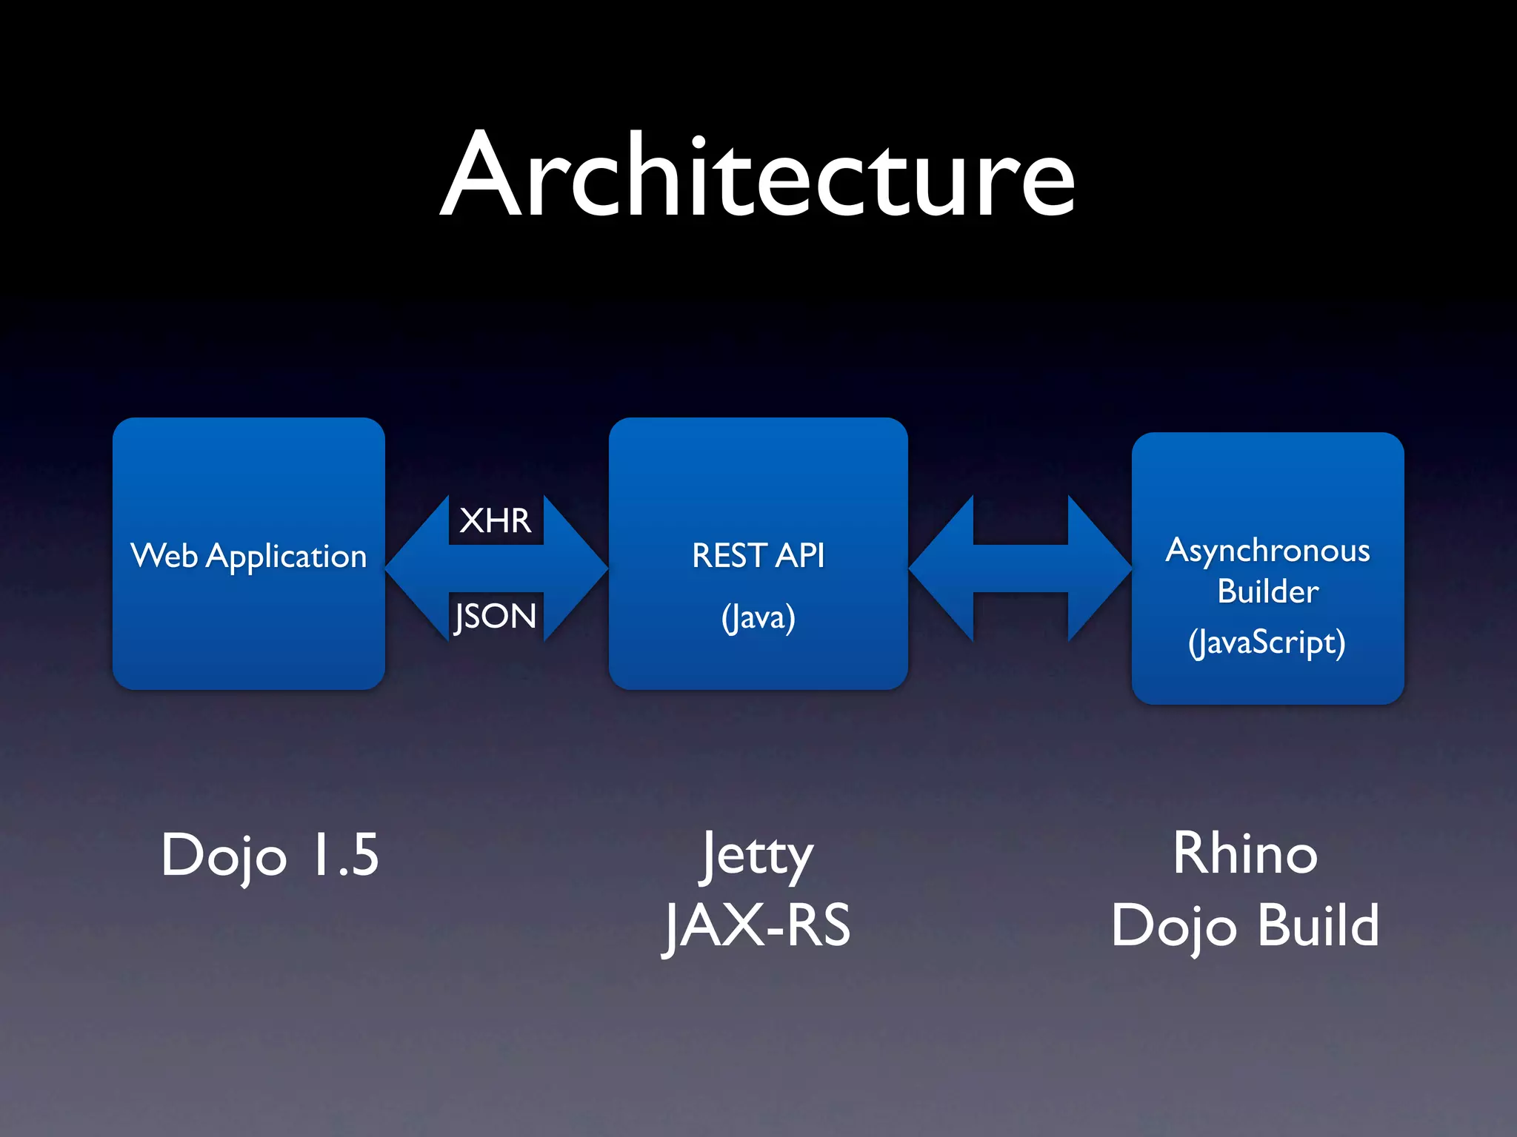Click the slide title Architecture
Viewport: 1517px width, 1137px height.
pyautogui.click(x=757, y=176)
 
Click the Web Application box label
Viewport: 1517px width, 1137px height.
pyautogui.click(x=249, y=556)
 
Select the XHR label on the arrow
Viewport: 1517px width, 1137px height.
pyautogui.click(x=495, y=520)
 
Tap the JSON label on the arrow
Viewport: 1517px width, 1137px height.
pyautogui.click(x=495, y=616)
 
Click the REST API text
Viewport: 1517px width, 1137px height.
pyautogui.click(x=758, y=555)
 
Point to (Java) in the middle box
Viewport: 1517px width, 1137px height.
pyautogui.click(x=758, y=617)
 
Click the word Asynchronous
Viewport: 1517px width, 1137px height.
pyautogui.click(x=1267, y=551)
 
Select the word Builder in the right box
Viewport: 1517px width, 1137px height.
pyautogui.click(x=1267, y=591)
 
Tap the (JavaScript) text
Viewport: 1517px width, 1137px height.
pyautogui.click(x=1267, y=642)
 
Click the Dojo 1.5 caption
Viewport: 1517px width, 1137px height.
pyautogui.click(x=270, y=854)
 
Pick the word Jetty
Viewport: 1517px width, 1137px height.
pyautogui.click(x=757, y=856)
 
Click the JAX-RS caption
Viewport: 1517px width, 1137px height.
pyautogui.click(x=757, y=925)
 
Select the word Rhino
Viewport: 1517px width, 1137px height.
pyautogui.click(x=1245, y=853)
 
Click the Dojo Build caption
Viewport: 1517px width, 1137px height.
pyautogui.click(x=1245, y=925)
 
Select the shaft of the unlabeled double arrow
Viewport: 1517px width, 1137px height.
pyautogui.click(x=1020, y=568)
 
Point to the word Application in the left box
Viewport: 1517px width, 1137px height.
pyautogui.click(x=286, y=557)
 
